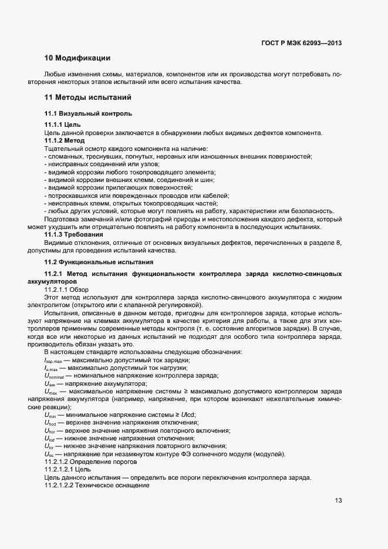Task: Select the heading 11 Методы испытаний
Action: click(87, 97)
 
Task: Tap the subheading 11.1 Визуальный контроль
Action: click(88, 113)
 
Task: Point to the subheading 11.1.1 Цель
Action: click(59, 125)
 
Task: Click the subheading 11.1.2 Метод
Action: click(65, 141)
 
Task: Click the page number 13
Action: click(338, 501)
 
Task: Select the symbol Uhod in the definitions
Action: click(50, 423)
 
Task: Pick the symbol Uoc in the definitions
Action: click(49, 454)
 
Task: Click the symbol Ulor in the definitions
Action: click(49, 446)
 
